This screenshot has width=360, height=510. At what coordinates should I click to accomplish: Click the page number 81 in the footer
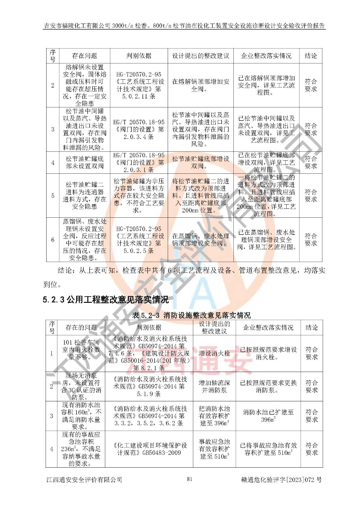click(189, 479)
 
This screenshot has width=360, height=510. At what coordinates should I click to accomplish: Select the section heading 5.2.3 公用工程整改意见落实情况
click(106, 300)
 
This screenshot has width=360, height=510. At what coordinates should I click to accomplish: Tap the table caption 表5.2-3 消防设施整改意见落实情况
click(191, 315)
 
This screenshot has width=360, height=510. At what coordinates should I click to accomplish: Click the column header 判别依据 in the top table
click(139, 56)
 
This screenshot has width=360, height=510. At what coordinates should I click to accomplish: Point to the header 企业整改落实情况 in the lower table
click(268, 327)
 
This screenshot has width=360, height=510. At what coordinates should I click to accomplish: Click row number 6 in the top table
click(53, 240)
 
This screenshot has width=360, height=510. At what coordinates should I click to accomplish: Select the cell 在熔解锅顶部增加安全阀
click(201, 85)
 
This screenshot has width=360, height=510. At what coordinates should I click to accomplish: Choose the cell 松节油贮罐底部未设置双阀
click(84, 162)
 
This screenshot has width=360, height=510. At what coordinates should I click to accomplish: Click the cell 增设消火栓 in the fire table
click(214, 353)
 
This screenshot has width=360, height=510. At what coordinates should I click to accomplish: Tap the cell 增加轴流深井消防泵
click(214, 386)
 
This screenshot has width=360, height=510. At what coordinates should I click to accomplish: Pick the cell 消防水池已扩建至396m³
click(268, 416)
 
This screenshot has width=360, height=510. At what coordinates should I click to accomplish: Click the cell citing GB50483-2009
click(149, 449)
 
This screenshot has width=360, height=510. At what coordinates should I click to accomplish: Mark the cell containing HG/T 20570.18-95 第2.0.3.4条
click(139, 129)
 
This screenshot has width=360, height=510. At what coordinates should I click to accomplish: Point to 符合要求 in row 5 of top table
click(311, 195)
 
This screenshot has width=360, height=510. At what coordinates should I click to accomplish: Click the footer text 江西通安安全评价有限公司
click(84, 479)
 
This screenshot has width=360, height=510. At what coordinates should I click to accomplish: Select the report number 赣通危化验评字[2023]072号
click(282, 479)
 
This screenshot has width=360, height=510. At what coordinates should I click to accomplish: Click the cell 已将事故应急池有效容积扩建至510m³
click(268, 449)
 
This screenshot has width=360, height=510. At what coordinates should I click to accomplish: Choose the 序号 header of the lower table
click(52, 327)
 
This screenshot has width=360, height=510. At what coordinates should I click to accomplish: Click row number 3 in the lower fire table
click(52, 416)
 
